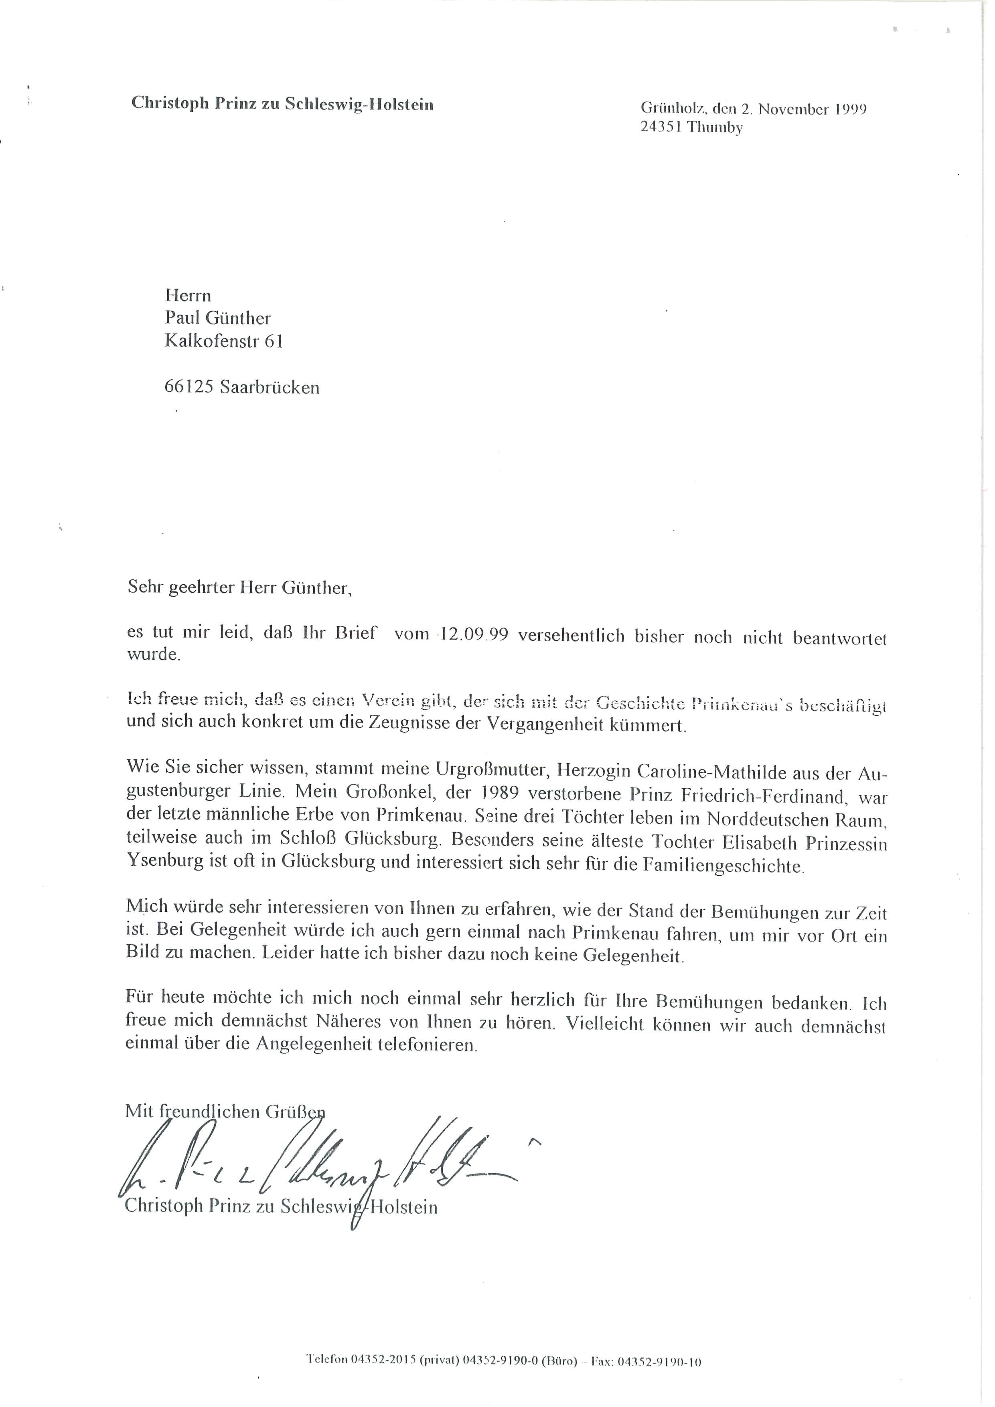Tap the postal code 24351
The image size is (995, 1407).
(661, 128)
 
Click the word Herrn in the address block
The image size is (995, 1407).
(188, 296)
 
